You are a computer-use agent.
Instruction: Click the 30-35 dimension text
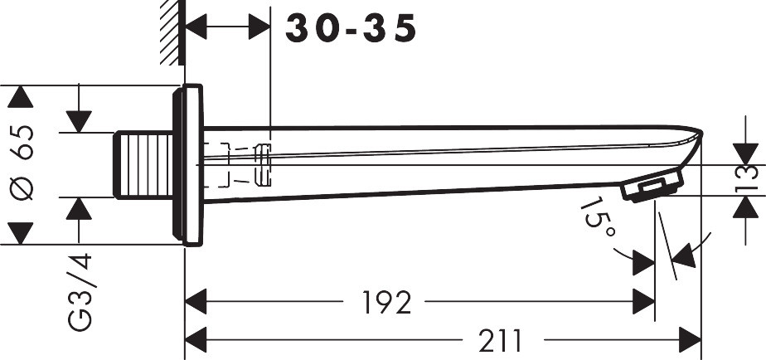coord(351,28)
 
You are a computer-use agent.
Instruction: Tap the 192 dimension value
coord(386,302)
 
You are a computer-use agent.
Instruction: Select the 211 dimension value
coord(500,340)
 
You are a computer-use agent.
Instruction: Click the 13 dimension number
coord(746,179)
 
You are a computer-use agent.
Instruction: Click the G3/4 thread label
coord(80,292)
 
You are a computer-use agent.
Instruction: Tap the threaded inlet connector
coord(143,165)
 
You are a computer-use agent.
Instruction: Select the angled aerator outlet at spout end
coord(652,185)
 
